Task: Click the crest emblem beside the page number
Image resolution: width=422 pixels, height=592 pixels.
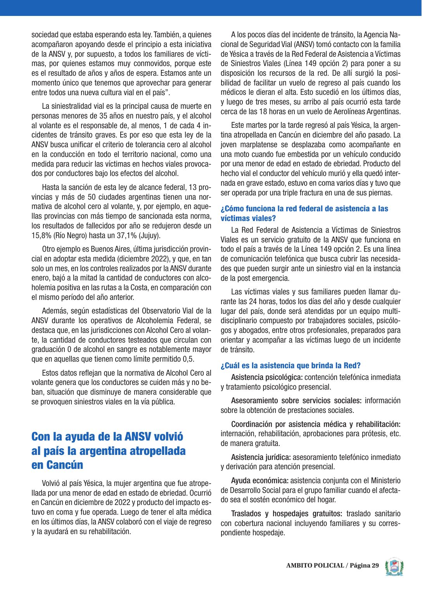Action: pyautogui.click(x=394, y=566)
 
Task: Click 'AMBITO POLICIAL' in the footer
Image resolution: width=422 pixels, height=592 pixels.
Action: pyautogui.click(x=315, y=566)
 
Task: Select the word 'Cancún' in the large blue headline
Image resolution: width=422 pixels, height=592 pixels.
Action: pyautogui.click(x=64, y=465)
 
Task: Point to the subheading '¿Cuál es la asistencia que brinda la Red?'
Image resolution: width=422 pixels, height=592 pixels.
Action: pyautogui.click(x=291, y=366)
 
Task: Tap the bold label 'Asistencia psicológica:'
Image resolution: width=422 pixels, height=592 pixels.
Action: pyautogui.click(x=267, y=377)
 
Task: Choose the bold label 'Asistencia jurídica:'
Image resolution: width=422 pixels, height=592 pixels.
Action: pyautogui.click(x=261, y=457)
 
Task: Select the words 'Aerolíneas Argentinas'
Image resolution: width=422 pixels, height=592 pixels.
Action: pyautogui.click(x=366, y=111)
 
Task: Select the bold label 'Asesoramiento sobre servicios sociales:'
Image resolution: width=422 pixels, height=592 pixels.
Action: pyautogui.click(x=296, y=400)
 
